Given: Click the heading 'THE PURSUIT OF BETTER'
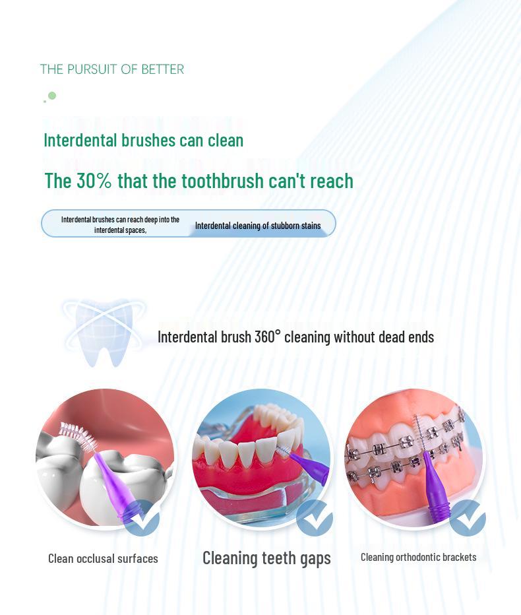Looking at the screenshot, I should point(111,69).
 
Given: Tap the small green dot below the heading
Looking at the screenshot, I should point(52,96).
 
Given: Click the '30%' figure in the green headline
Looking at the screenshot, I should point(94,181).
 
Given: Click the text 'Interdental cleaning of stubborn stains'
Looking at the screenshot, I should point(258,226).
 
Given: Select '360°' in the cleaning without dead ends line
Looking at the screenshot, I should point(267,337).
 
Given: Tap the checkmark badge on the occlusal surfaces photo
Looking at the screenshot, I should point(141,517).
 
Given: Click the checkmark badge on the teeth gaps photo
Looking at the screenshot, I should point(314,517).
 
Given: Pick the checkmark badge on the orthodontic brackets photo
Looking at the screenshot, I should point(467,517).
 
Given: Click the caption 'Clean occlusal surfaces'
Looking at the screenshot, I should point(103,558).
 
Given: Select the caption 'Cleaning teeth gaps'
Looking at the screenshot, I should point(266,558).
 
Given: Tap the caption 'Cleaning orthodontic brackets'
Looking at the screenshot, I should point(418,557).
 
